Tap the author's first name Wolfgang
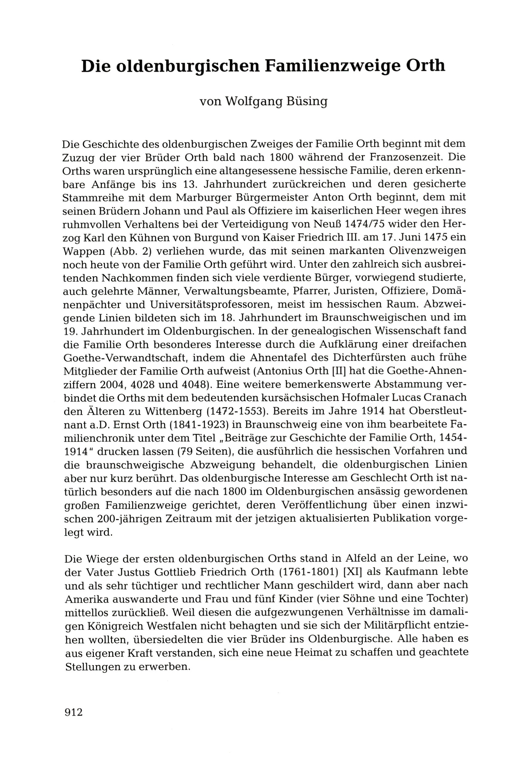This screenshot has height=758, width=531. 254,101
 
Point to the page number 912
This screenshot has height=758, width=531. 74,712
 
